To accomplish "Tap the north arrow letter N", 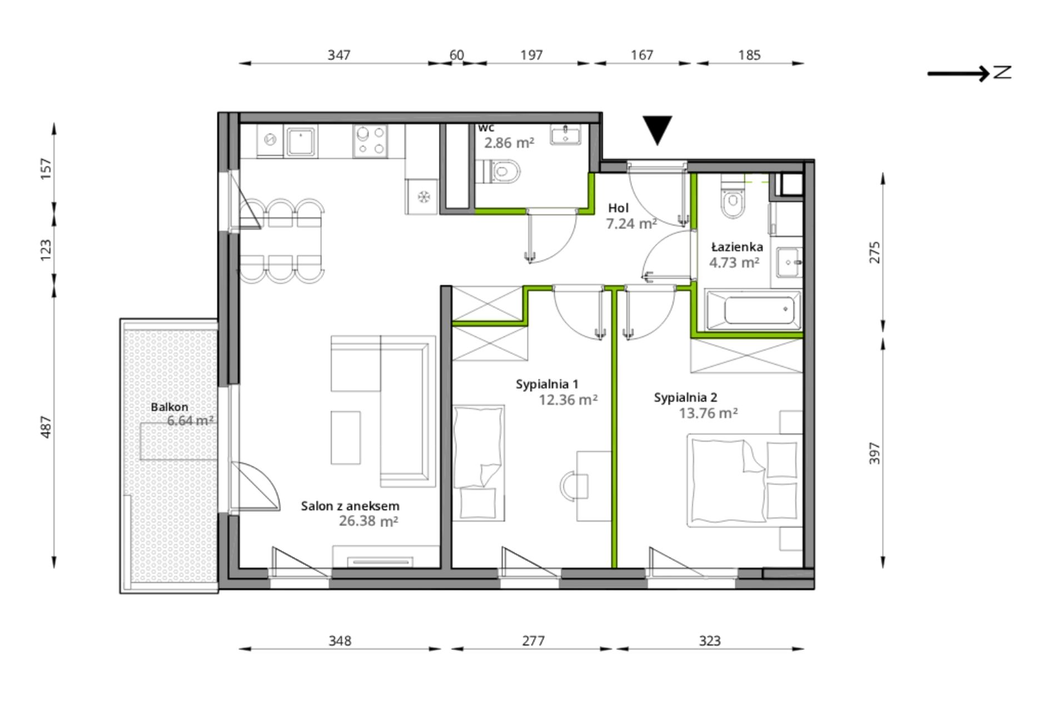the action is click(1002, 72).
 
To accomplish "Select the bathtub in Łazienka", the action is click(754, 310).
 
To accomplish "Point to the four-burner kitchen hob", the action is click(370, 140).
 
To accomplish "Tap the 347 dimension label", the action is click(339, 54).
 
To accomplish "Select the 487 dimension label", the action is click(46, 427).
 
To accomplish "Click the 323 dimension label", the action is click(710, 641).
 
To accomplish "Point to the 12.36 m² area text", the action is click(568, 400).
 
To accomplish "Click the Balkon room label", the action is click(170, 407).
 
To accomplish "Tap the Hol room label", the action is click(618, 208).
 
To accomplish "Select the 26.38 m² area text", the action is click(368, 521).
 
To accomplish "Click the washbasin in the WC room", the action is click(566, 135).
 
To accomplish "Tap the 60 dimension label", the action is click(456, 54).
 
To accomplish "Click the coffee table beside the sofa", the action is click(346, 438).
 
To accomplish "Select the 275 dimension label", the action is click(875, 252).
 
